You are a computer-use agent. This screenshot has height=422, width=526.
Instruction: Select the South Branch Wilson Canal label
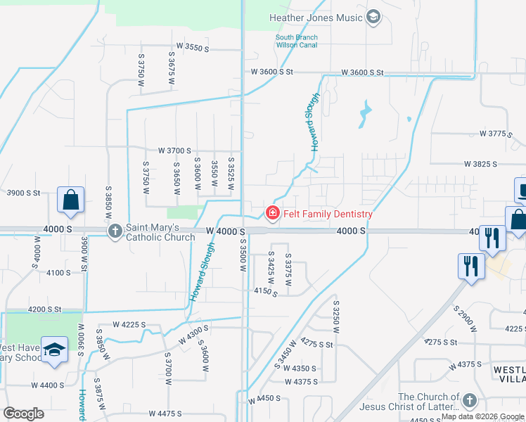click(296, 41)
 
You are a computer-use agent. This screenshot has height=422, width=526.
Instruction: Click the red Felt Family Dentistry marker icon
click(270, 212)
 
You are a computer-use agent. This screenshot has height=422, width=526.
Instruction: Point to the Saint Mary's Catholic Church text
click(160, 231)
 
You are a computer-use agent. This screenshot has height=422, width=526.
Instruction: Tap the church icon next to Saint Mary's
click(115, 231)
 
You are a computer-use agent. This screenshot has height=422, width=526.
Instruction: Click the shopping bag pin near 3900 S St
click(71, 200)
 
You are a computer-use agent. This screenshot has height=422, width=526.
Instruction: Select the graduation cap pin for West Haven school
click(54, 350)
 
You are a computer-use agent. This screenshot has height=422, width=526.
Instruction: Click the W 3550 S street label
click(193, 47)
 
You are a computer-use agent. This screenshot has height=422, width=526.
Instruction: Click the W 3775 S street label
click(496, 133)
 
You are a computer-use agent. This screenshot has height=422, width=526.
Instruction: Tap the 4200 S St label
click(45, 309)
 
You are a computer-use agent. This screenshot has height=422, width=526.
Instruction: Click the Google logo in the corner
click(23, 414)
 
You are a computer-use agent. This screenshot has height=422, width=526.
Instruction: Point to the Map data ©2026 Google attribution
click(482, 416)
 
